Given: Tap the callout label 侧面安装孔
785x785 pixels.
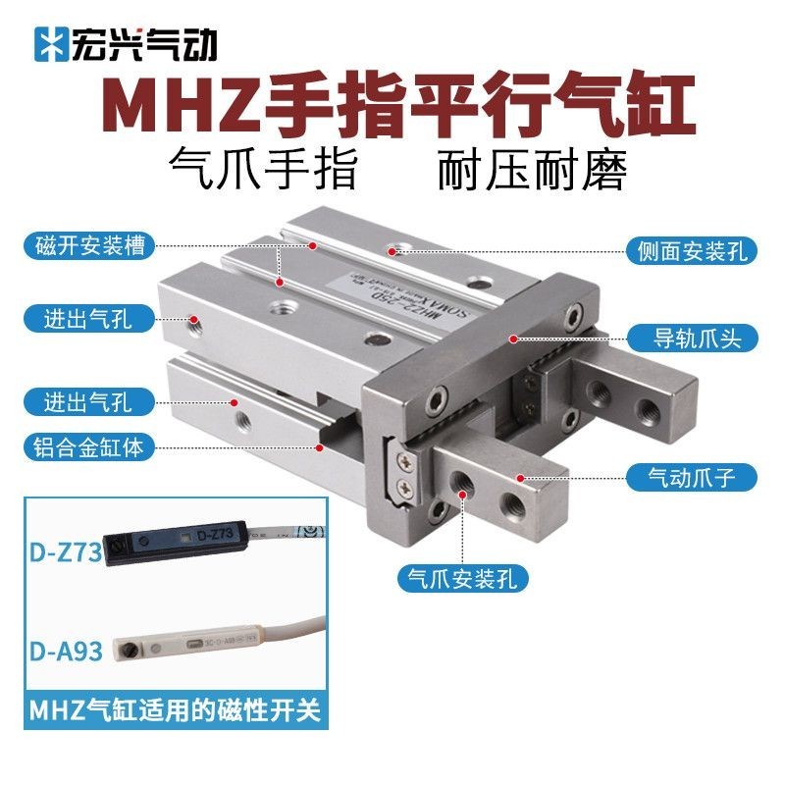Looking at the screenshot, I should click(692, 251).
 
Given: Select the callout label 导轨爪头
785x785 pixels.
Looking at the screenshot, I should click(692, 339).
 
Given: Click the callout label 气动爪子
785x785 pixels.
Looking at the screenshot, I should click(692, 478).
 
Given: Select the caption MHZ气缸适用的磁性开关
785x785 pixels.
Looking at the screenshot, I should click(175, 709).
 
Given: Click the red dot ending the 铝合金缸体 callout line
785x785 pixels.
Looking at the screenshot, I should click(321, 447).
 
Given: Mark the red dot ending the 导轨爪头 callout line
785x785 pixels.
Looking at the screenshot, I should click(512, 339).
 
